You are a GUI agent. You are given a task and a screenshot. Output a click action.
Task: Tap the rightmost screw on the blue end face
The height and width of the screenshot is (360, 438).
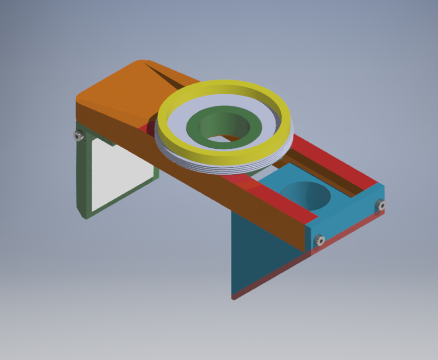380,204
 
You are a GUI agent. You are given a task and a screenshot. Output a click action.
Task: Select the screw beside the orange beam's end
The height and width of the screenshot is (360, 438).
319,241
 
